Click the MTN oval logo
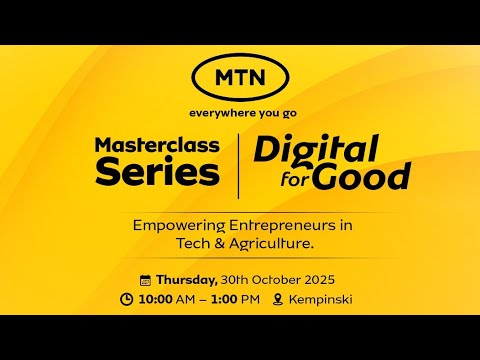click(x=240, y=75)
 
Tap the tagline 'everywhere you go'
click(x=240, y=112)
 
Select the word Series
click(x=157, y=172)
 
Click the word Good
click(x=360, y=176)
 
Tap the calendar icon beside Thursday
click(x=145, y=280)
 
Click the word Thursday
click(x=185, y=279)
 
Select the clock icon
click(x=126, y=299)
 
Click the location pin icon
click(x=277, y=299)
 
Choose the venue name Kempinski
click(x=320, y=299)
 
